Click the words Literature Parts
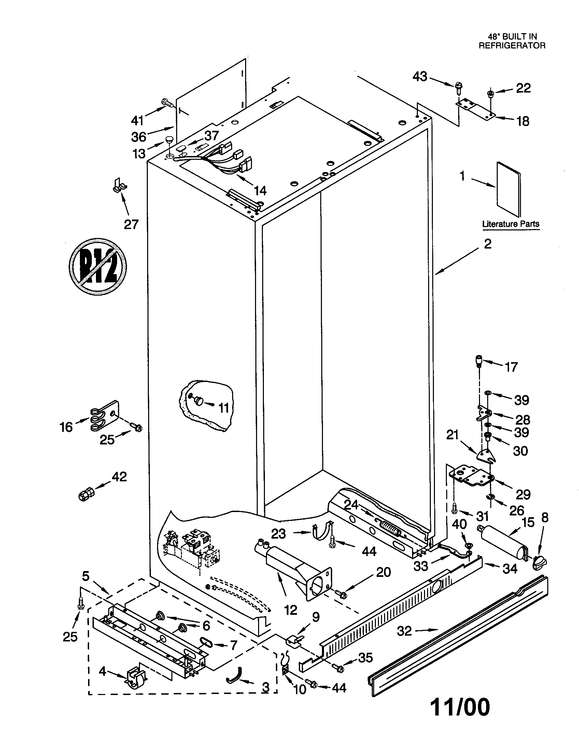(x=511, y=224)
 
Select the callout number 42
(x=119, y=477)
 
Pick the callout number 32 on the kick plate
(x=404, y=631)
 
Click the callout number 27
(x=131, y=225)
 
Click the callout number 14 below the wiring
(x=260, y=190)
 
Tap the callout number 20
(x=383, y=572)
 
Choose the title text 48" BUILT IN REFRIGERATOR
(x=512, y=41)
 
